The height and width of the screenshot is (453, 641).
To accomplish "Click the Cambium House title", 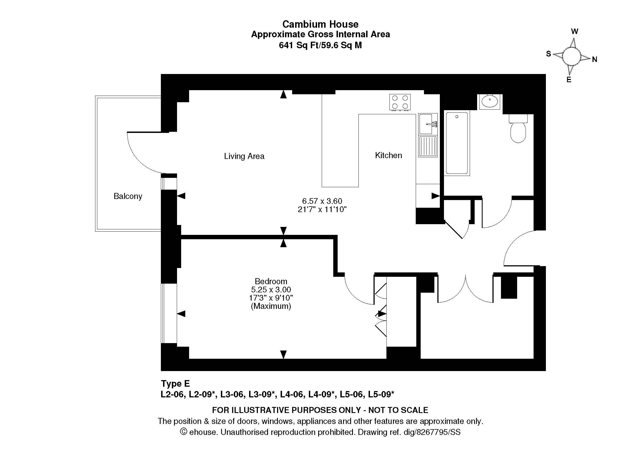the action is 320,24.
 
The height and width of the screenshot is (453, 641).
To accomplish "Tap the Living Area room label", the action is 244,156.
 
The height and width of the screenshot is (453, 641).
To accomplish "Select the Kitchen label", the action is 388,155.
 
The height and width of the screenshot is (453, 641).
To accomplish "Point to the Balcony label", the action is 128,196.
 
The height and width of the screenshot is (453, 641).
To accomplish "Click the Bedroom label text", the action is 271,281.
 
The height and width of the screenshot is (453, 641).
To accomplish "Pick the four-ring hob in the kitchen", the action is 400,102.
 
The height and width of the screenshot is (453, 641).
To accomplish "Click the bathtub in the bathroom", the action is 457,143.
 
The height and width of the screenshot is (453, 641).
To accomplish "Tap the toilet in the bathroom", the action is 518,129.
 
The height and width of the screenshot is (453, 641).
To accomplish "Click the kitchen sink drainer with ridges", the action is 428,146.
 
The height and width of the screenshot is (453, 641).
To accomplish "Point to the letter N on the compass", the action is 594,59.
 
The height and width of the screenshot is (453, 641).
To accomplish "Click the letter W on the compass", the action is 574,31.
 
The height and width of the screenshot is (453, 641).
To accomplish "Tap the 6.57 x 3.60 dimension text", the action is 322,201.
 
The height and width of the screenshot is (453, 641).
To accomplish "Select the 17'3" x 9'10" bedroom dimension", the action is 271,298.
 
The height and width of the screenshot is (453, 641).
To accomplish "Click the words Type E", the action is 175,384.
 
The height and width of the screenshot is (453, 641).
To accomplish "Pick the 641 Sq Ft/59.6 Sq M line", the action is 320,45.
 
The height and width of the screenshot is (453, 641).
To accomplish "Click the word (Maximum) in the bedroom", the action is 271,306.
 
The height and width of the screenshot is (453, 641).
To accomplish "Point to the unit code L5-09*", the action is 381,394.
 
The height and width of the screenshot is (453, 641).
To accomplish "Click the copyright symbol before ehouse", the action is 183,432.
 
